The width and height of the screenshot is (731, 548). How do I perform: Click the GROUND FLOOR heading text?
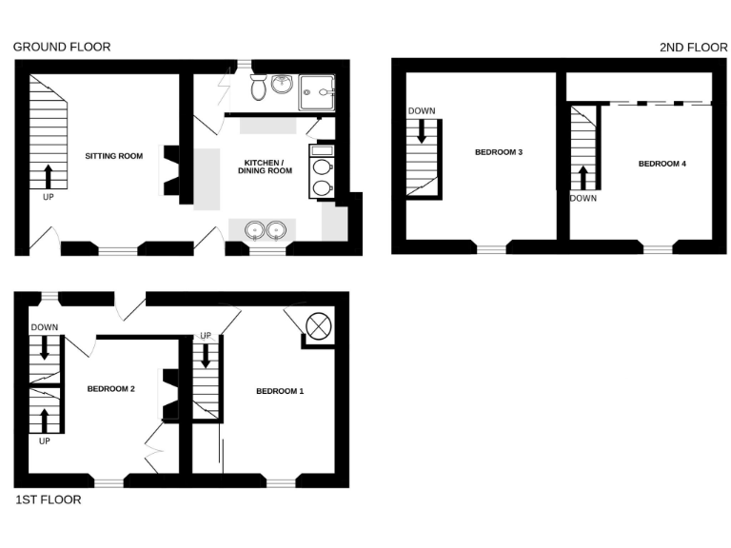tap(61, 47)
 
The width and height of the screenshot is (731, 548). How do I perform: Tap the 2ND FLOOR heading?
tap(693, 47)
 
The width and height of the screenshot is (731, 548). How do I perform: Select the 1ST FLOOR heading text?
tap(48, 499)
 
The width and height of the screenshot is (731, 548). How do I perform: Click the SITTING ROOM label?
tap(113, 155)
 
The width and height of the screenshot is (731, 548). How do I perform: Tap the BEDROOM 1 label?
tap(280, 391)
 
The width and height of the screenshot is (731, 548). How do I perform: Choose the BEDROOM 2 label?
tap(112, 388)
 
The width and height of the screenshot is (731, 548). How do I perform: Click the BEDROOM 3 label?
tap(499, 152)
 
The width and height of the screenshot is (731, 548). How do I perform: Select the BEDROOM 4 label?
tap(662, 164)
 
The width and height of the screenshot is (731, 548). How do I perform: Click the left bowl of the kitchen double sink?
tap(254, 230)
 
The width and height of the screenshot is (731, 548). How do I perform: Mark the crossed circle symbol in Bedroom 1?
tap(319, 325)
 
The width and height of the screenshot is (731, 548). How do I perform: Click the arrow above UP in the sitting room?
tap(48, 176)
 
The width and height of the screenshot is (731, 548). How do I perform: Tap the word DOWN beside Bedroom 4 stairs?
tap(583, 199)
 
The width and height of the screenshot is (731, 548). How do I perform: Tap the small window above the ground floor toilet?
tap(245, 65)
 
